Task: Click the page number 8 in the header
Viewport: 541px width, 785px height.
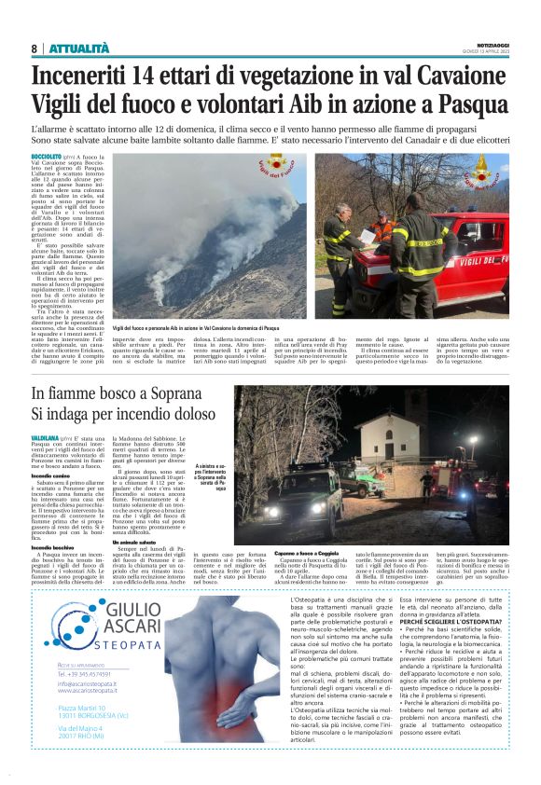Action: pos(34,48)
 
